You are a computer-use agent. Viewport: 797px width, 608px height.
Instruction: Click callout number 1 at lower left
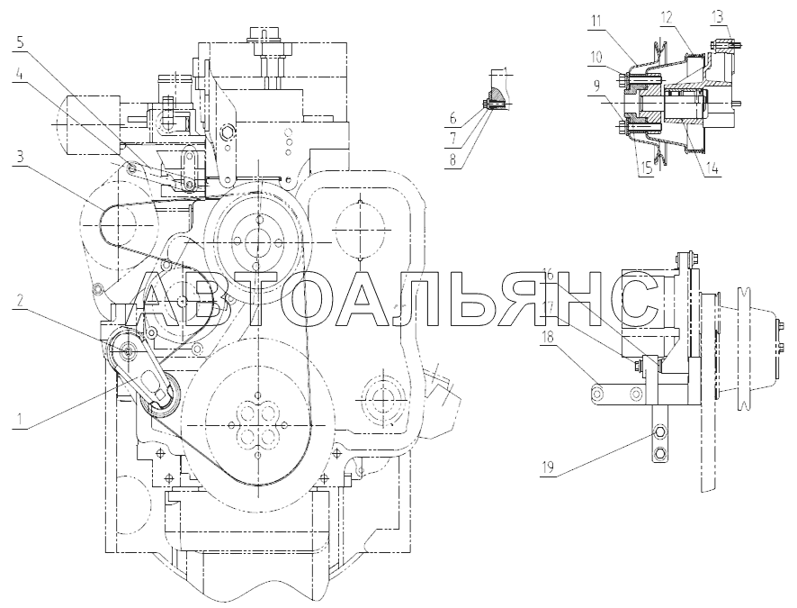19,420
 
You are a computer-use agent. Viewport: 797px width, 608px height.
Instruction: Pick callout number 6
452,120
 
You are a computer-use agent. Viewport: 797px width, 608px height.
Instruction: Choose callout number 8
452,159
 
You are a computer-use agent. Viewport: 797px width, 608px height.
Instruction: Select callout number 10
596,57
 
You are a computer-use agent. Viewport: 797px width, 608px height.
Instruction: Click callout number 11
596,21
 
